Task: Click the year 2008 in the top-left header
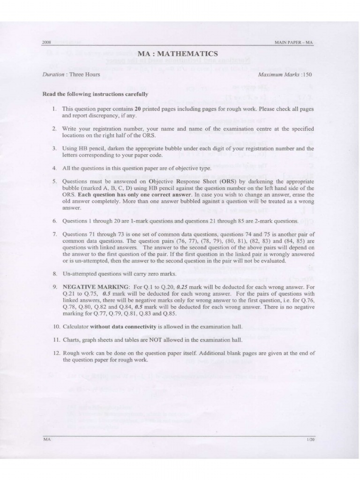[x=46, y=43]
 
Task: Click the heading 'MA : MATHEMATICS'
[x=180, y=54]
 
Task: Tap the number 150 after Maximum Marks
[x=307, y=75]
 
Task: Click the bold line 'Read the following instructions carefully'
[x=95, y=93]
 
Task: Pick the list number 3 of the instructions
[x=54, y=148]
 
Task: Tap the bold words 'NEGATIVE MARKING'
[x=91, y=286]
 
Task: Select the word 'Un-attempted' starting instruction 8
[x=78, y=274]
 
